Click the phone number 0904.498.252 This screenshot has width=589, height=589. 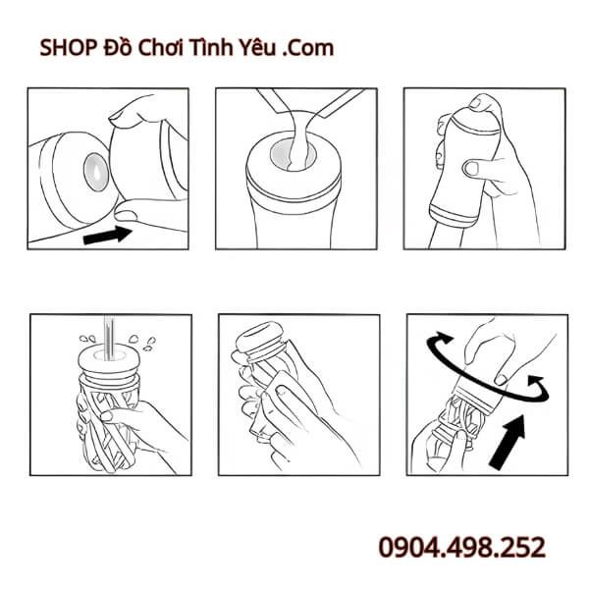(461, 547)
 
